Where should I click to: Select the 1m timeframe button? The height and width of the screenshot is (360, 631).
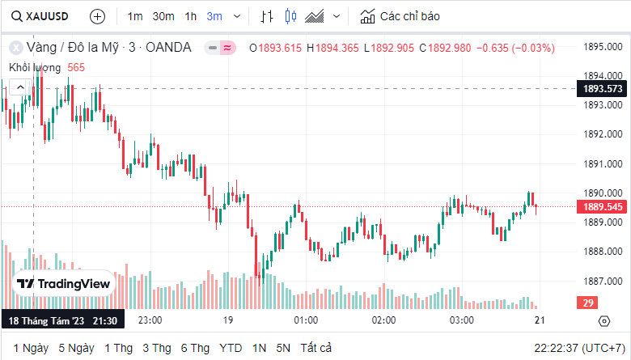pyautogui.click(x=135, y=16)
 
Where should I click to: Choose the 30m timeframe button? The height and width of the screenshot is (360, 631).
pyautogui.click(x=163, y=16)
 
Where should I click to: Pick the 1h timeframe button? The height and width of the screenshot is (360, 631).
pyautogui.click(x=190, y=16)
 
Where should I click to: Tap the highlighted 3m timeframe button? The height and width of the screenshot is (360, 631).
pyautogui.click(x=214, y=16)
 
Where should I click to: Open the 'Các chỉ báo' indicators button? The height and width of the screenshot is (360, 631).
pyautogui.click(x=400, y=16)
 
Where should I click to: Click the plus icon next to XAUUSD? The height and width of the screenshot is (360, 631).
pyautogui.click(x=97, y=16)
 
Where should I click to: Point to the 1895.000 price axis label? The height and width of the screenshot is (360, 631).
pyautogui.click(x=603, y=46)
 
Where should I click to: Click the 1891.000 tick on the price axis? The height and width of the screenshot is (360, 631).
pyautogui.click(x=603, y=164)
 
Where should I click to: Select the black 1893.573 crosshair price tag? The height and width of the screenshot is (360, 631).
pyautogui.click(x=602, y=89)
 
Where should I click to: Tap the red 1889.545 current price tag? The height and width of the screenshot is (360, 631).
pyautogui.click(x=602, y=207)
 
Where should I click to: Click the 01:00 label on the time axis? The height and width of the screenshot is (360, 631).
pyautogui.click(x=306, y=320)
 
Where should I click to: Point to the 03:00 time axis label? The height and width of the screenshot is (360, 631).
pyautogui.click(x=461, y=320)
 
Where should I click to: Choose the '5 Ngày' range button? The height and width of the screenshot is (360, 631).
pyautogui.click(x=76, y=348)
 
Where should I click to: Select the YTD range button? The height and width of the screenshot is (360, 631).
pyautogui.click(x=231, y=348)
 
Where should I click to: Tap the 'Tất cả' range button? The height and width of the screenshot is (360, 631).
pyautogui.click(x=316, y=348)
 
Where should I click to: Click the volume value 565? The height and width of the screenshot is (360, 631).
pyautogui.click(x=76, y=67)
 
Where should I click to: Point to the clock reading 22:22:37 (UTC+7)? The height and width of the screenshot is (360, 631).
pyautogui.click(x=578, y=348)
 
